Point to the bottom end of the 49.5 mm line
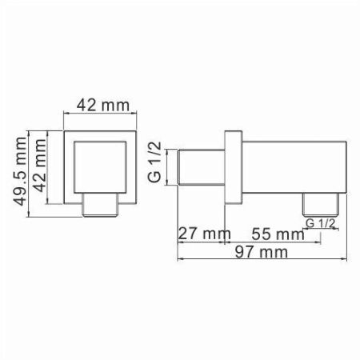pos(30,215)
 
